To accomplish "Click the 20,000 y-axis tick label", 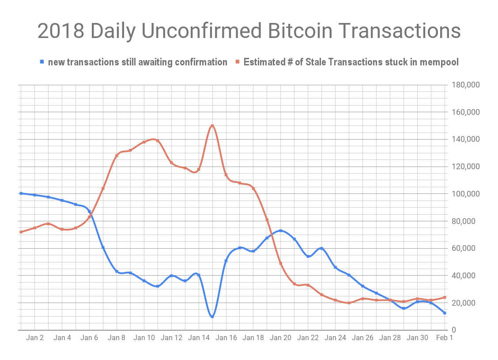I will (x=467, y=303).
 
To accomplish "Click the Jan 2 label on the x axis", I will (x=35, y=338).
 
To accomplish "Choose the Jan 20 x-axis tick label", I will (x=280, y=338).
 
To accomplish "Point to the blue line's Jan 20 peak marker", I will (x=280, y=231).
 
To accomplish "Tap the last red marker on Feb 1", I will (x=445, y=297).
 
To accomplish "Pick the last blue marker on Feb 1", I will (x=445, y=313).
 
